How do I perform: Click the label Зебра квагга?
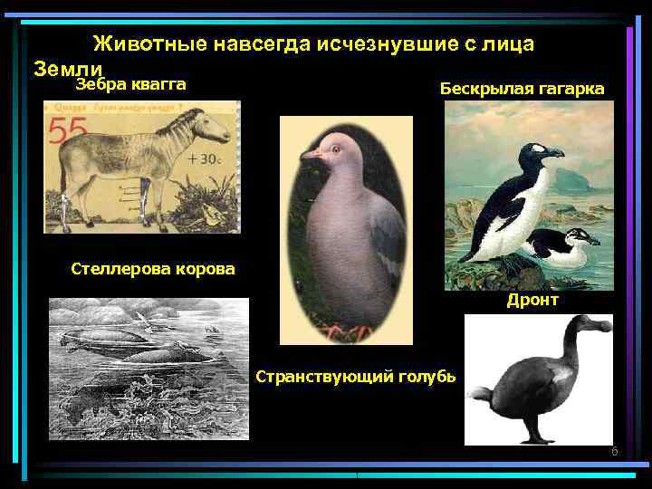tap(131, 85)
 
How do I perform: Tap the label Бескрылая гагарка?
tap(522, 88)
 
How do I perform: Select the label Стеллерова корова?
tap(152, 268)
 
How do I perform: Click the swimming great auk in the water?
tap(561, 248)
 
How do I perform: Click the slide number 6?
tap(614, 451)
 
